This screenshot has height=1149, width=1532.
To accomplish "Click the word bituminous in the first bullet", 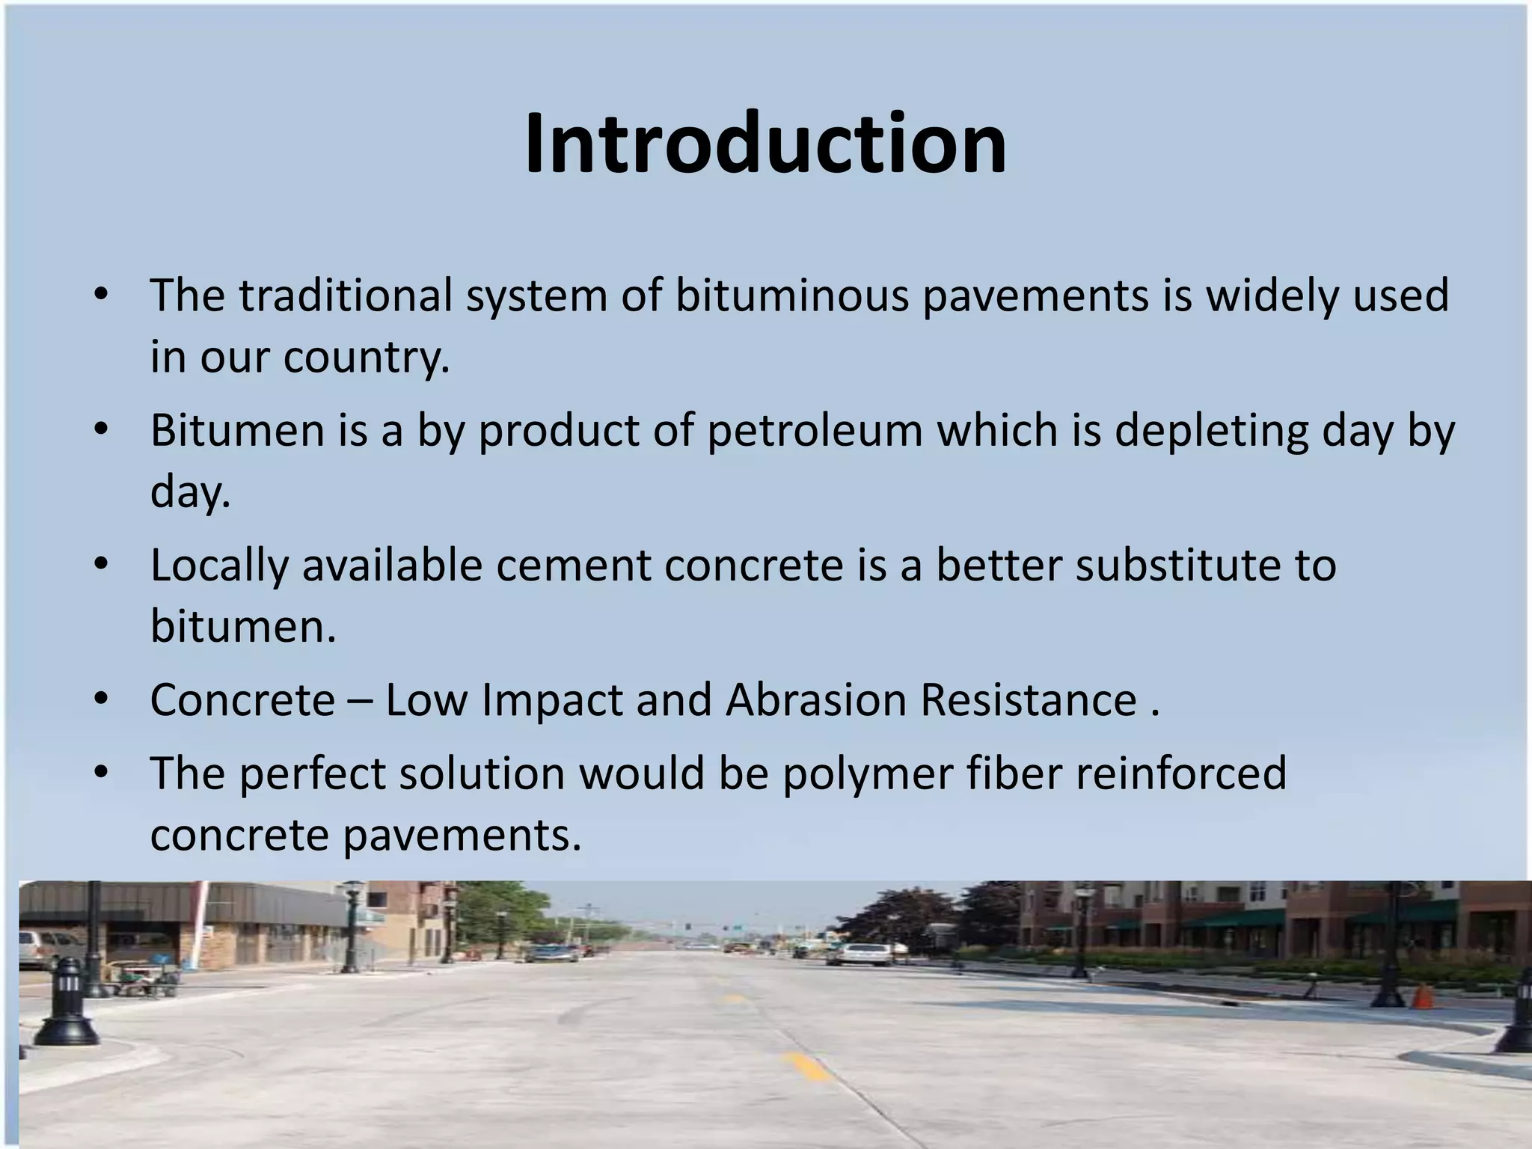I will tap(791, 295).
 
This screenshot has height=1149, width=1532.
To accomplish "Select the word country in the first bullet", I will tap(366, 357).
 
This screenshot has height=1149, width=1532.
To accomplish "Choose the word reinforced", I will tap(1181, 773).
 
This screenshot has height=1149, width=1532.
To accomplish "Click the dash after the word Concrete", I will tap(360, 702).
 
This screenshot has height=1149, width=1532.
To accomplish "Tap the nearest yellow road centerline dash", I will tap(806, 1066).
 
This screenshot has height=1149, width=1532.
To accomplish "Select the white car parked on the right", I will tap(866, 953).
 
